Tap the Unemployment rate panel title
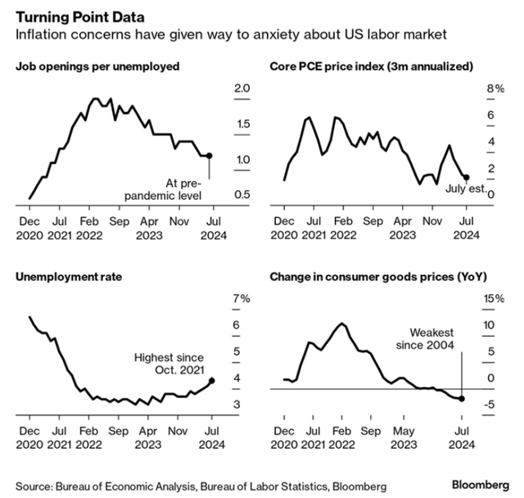68,277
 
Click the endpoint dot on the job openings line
210,156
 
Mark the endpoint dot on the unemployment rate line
212,380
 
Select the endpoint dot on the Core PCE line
466,177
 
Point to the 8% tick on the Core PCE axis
494,88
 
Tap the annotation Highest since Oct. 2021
169,364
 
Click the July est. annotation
465,190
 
